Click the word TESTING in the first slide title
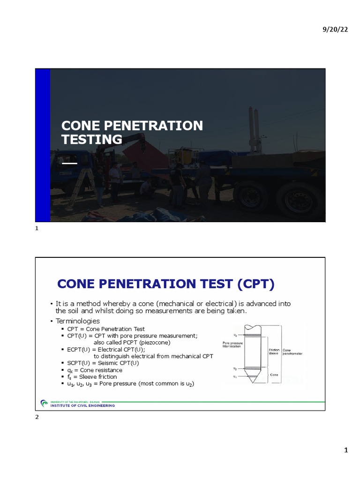(x=92, y=140)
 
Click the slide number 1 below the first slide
(x=37, y=228)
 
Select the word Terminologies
(x=78, y=321)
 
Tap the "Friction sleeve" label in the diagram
(x=274, y=352)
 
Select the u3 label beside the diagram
(x=235, y=335)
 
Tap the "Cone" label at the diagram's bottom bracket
(x=273, y=375)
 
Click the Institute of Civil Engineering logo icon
(x=44, y=403)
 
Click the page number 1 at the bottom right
(x=346, y=450)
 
